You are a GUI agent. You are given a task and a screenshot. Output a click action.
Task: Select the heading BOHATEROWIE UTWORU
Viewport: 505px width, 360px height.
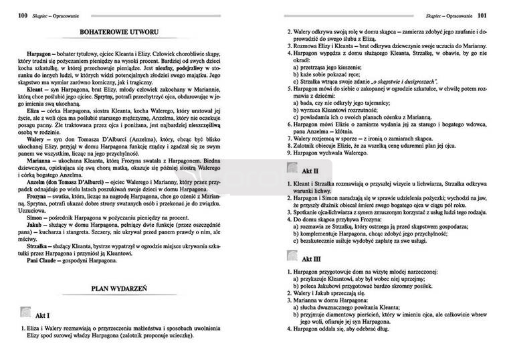point(127,32)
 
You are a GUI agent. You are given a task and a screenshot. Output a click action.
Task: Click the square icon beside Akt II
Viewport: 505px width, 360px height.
point(292,169)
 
